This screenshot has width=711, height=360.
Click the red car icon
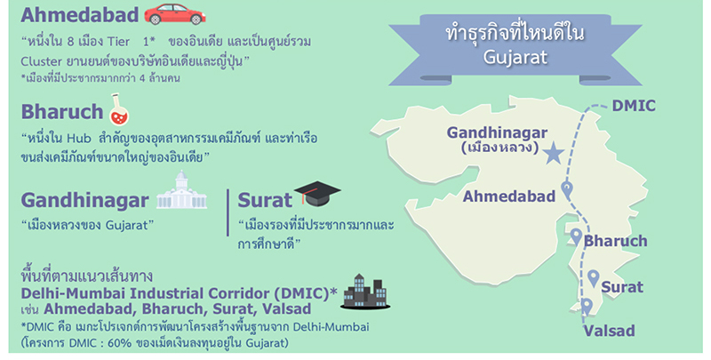(x=174, y=14)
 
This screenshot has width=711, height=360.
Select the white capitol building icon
(x=181, y=190)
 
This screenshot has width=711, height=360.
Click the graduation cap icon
(x=317, y=194)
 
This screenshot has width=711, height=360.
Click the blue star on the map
(x=553, y=153)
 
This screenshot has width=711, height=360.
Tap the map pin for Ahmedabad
(x=567, y=189)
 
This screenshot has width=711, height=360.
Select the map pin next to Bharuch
(x=576, y=236)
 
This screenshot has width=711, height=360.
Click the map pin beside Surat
(x=593, y=278)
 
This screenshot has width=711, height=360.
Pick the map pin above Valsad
(x=587, y=307)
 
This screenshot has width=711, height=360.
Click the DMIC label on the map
(x=634, y=106)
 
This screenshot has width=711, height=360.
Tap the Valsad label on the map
(x=609, y=331)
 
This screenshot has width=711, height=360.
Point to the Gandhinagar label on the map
(x=497, y=132)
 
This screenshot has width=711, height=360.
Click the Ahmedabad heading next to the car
(x=79, y=15)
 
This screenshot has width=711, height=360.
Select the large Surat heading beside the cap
(x=265, y=200)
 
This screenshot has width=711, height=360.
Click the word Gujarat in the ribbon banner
(x=515, y=58)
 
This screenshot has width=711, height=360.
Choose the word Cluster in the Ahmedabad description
(x=38, y=60)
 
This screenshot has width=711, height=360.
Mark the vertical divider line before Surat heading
(x=228, y=212)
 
